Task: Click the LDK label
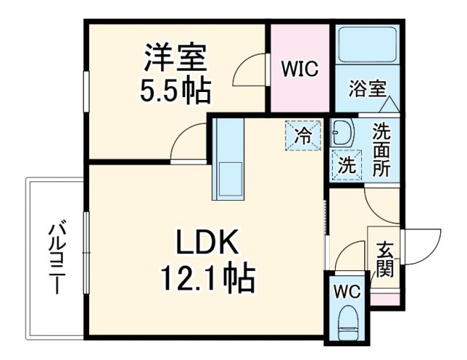205,242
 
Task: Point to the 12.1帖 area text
207,278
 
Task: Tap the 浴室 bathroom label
366,90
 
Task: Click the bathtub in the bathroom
367,45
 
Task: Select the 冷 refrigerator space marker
301,134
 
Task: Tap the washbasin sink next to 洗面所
341,133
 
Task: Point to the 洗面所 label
382,150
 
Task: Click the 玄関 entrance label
385,259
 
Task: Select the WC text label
347,291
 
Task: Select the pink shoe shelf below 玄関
385,299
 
